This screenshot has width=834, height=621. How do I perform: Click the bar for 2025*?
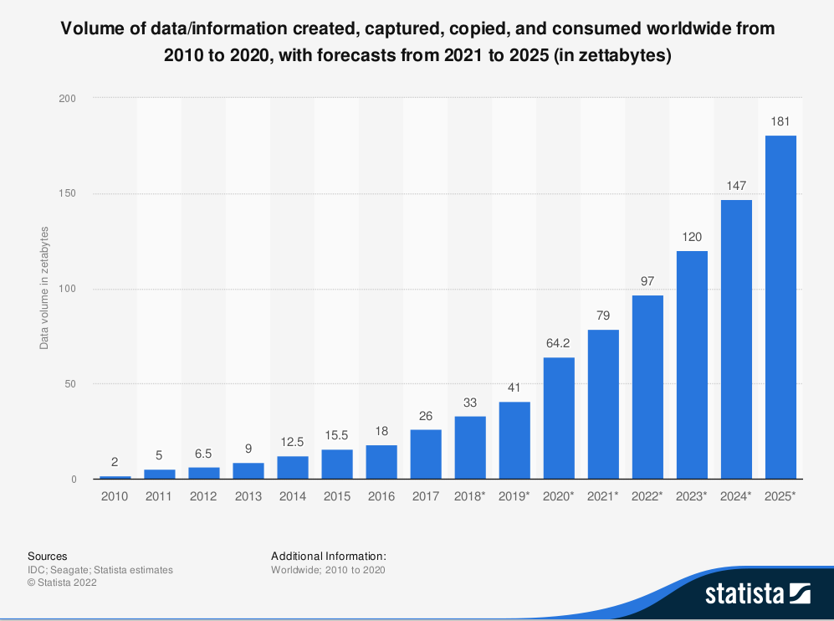coord(780,307)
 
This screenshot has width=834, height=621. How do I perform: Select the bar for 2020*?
coord(559,418)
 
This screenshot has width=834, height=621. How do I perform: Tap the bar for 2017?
coord(426,454)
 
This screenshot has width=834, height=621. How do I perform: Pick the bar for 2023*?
coord(692,365)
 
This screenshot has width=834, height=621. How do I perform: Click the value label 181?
coord(780,121)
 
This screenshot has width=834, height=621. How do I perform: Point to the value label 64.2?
coord(559,343)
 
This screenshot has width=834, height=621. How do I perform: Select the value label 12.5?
coord(293,442)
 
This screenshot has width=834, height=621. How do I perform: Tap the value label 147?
coord(736,186)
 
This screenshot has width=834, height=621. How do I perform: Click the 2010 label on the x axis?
coord(115,496)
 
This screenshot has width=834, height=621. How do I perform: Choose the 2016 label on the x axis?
coord(381,496)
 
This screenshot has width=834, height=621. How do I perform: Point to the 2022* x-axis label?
coord(647,496)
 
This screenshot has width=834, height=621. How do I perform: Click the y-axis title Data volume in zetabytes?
coord(44,287)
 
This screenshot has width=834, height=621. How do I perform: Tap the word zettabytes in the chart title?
coord(625,56)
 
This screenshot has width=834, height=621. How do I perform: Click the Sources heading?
coord(48,556)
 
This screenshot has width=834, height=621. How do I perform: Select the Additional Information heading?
coord(329,556)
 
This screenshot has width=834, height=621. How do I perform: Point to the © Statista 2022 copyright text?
coord(62,583)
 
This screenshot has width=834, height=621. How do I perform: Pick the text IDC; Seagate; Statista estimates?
coord(100,570)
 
